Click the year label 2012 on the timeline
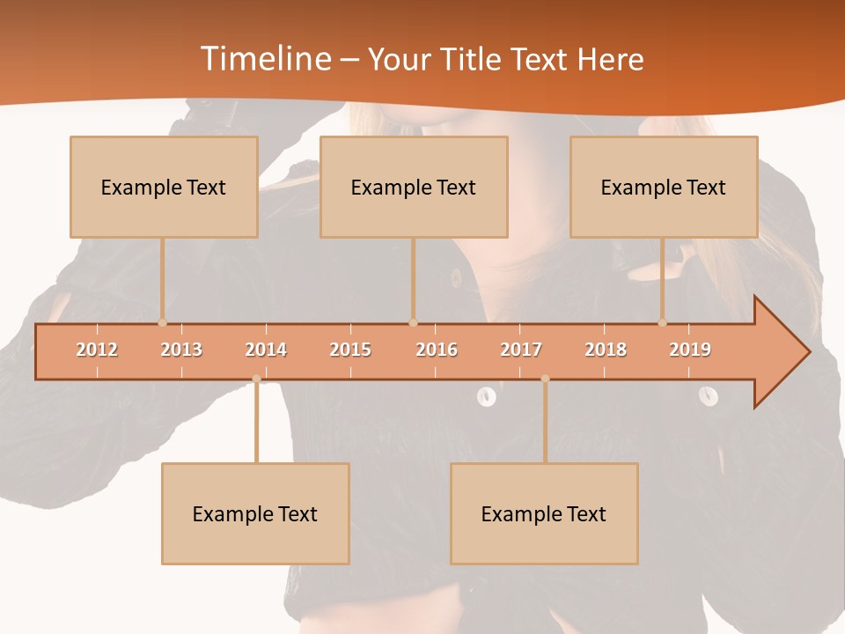(x=97, y=350)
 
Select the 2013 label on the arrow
(x=181, y=350)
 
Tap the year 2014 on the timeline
(x=266, y=350)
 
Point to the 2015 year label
(x=350, y=350)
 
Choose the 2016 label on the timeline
(x=437, y=350)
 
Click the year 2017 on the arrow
(x=521, y=350)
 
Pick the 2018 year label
(x=606, y=350)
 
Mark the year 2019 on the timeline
(x=690, y=350)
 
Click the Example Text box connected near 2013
(x=164, y=187)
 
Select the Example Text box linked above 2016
(x=414, y=187)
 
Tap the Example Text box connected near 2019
(x=664, y=187)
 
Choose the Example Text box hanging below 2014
(x=255, y=513)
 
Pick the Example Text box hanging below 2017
(x=544, y=513)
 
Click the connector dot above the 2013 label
(x=162, y=322)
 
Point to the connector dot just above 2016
(x=413, y=322)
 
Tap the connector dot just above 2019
(x=663, y=322)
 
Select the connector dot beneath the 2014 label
(x=256, y=379)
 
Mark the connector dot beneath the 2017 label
(x=545, y=379)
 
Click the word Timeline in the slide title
(x=264, y=59)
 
